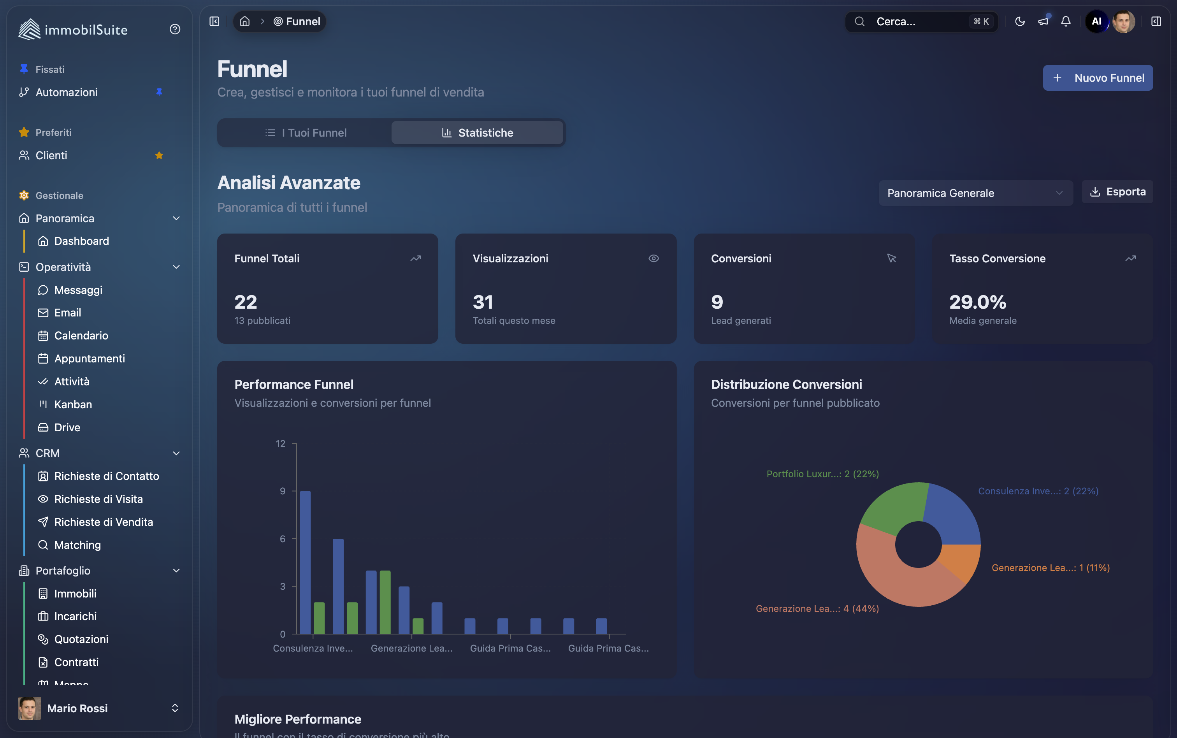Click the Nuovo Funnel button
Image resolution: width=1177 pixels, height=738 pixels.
click(x=1098, y=78)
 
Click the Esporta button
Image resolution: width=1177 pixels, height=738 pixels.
click(x=1117, y=192)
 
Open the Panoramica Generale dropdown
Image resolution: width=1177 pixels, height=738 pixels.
click(x=975, y=193)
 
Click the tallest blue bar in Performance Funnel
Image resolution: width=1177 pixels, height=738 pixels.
click(x=305, y=561)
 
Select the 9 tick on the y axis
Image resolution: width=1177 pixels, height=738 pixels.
click(x=283, y=491)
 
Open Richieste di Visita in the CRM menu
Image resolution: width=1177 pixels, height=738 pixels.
click(x=98, y=499)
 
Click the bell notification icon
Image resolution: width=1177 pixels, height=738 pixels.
click(x=1066, y=21)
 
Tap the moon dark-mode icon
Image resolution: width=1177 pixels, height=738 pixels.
click(x=1019, y=21)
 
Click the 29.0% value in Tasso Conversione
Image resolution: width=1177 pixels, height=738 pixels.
click(x=977, y=302)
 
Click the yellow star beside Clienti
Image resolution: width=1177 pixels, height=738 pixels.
click(x=159, y=155)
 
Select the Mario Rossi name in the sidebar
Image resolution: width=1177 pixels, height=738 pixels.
click(x=77, y=708)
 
